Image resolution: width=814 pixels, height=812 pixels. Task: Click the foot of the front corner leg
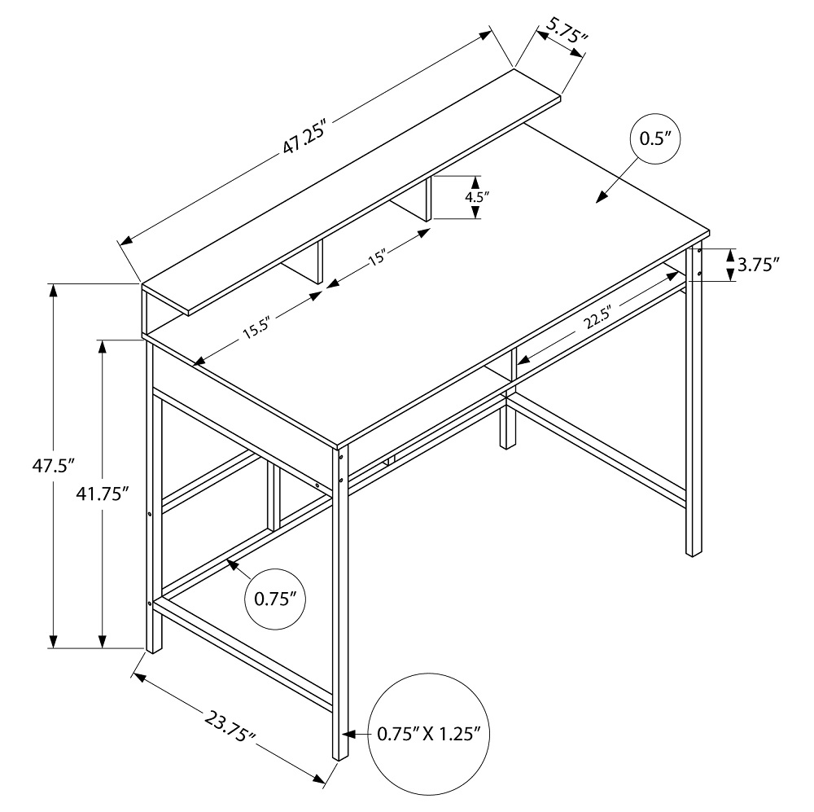[x=341, y=753]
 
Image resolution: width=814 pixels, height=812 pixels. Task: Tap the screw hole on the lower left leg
[x=149, y=604]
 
